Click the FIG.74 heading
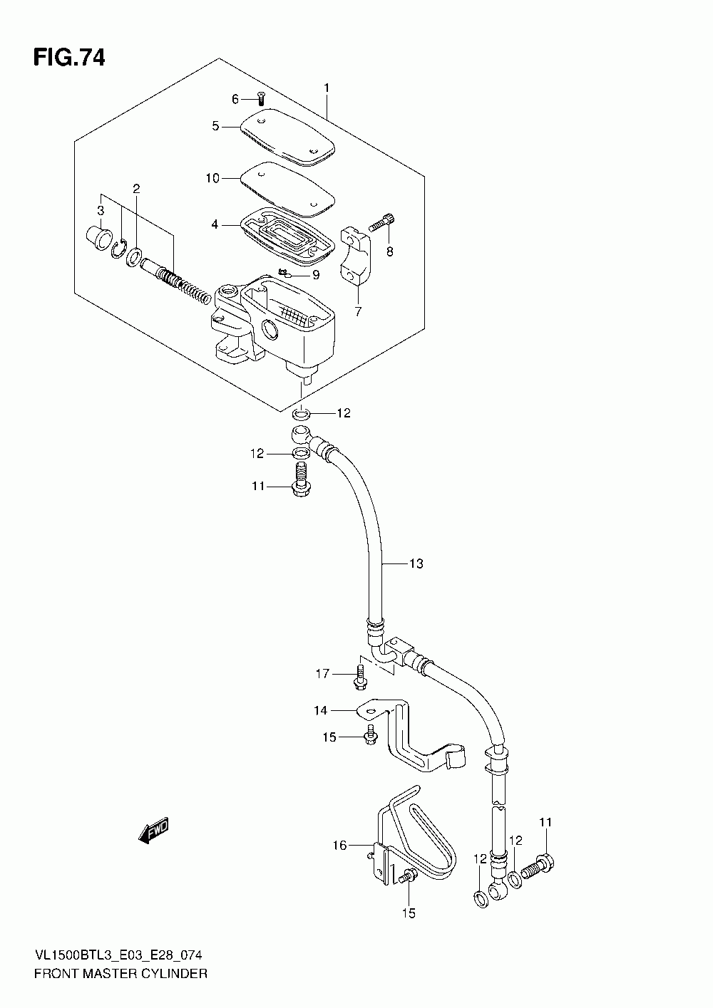click(69, 58)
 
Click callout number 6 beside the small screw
click(235, 99)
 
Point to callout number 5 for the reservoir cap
click(216, 127)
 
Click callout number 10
click(212, 178)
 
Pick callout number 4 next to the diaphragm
click(215, 224)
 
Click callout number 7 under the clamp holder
click(358, 311)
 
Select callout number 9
click(316, 275)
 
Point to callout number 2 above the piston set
click(136, 189)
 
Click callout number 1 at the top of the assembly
click(327, 88)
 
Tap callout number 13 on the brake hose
click(416, 563)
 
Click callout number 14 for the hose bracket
click(320, 710)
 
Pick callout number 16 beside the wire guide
click(339, 846)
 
